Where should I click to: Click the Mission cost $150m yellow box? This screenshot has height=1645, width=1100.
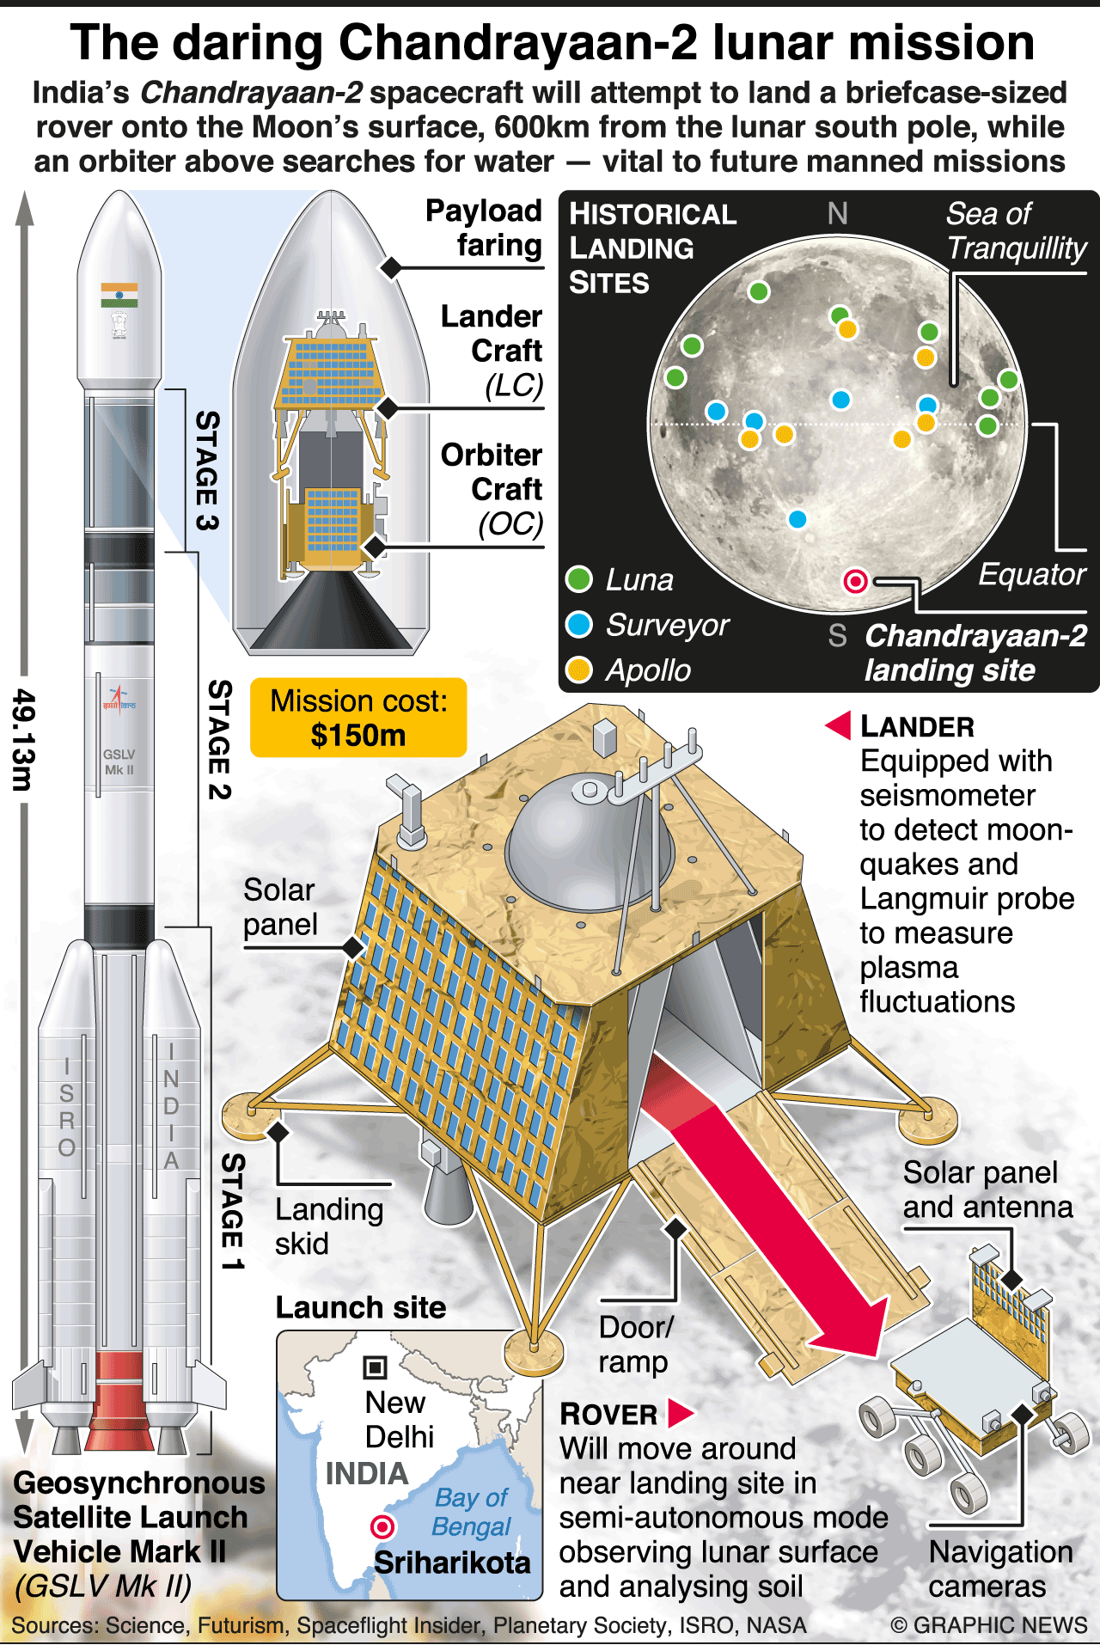pyautogui.click(x=358, y=718)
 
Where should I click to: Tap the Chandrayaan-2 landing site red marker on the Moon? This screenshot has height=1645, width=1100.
pyautogui.click(x=855, y=582)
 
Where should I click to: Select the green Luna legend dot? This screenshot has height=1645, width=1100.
pyautogui.click(x=579, y=579)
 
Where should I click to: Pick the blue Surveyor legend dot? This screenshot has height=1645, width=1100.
pyautogui.click(x=579, y=625)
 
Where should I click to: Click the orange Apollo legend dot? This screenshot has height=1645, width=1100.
pyautogui.click(x=579, y=670)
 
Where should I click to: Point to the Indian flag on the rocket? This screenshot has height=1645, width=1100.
pyautogui.click(x=119, y=295)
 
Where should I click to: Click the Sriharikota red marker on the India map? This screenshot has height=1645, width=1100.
pyautogui.click(x=382, y=1526)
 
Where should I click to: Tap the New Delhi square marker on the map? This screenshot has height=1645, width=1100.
pyautogui.click(x=376, y=1367)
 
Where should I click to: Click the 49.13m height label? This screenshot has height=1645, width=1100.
pyautogui.click(x=23, y=739)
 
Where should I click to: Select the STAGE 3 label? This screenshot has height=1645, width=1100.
pyautogui.click(x=207, y=470)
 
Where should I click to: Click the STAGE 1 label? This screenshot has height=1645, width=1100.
pyautogui.click(x=233, y=1212)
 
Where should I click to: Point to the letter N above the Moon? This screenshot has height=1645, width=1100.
pyautogui.click(x=837, y=213)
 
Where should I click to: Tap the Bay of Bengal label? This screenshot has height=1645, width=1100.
pyautogui.click(x=472, y=1512)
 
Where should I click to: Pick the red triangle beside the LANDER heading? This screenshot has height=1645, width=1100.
pyautogui.click(x=839, y=725)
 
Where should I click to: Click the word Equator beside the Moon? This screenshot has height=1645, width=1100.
pyautogui.click(x=1031, y=574)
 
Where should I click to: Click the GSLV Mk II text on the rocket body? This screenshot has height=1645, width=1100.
pyautogui.click(x=119, y=761)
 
